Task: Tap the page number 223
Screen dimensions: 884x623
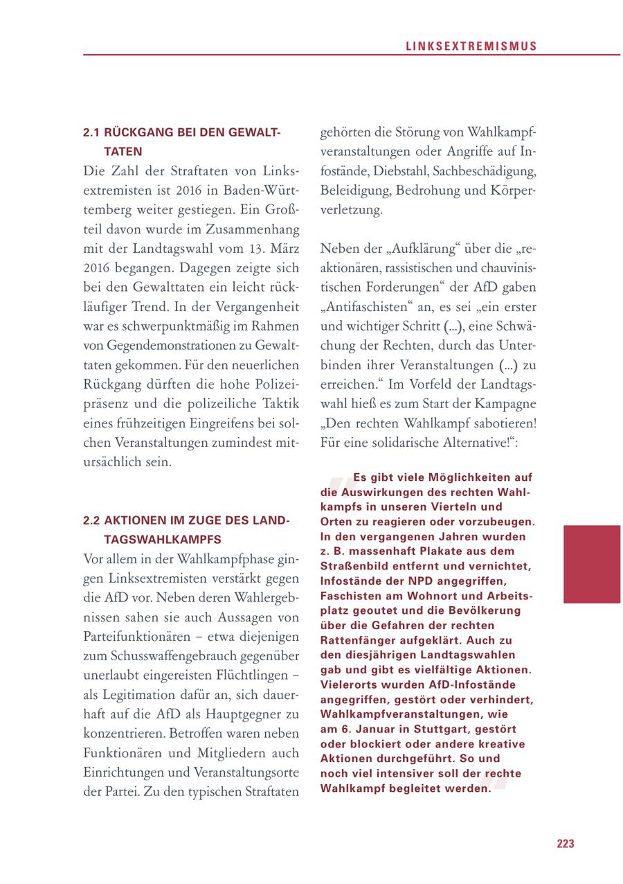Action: (x=566, y=844)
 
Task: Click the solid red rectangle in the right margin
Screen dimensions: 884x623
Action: (x=592, y=564)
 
